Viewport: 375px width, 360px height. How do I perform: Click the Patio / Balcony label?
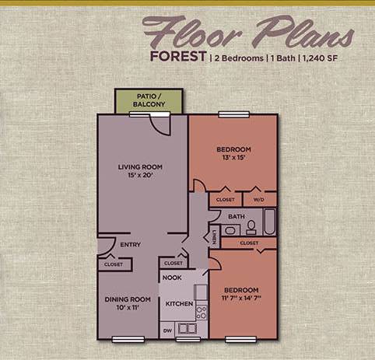(150, 99)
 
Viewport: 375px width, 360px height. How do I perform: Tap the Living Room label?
(140, 166)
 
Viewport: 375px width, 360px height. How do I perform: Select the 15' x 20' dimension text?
(140, 176)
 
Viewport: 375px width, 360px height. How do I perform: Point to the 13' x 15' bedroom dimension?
(233, 158)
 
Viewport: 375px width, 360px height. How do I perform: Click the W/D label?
(260, 200)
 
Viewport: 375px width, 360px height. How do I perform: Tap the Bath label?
(237, 216)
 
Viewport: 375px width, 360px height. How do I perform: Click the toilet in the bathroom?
(251, 228)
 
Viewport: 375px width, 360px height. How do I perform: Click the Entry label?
(130, 246)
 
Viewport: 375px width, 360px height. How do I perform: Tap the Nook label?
(172, 278)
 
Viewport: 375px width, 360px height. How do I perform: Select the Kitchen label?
(178, 303)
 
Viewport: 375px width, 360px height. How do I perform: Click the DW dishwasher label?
(167, 330)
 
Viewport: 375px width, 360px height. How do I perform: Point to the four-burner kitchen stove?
(201, 312)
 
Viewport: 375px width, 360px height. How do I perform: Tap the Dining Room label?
(127, 299)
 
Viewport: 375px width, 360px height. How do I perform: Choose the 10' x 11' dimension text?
(127, 309)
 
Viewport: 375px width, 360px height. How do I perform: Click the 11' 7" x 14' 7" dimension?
(242, 299)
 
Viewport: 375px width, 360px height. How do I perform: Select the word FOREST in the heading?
(179, 57)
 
